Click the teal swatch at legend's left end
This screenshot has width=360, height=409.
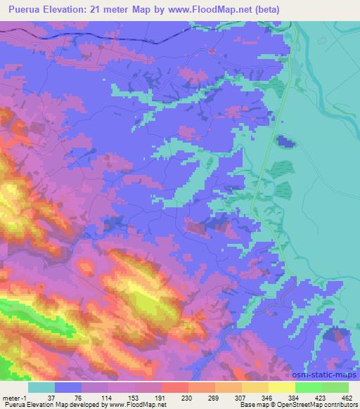(41, 387)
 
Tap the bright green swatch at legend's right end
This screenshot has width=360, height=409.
(335, 387)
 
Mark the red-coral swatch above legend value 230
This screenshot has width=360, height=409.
(175, 387)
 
